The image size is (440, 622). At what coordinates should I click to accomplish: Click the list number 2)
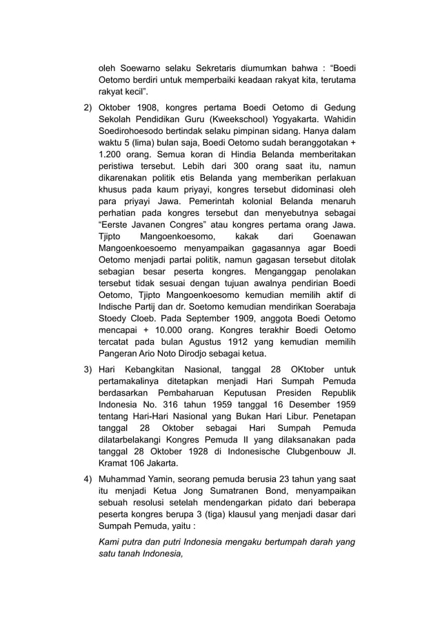pos(88,108)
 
